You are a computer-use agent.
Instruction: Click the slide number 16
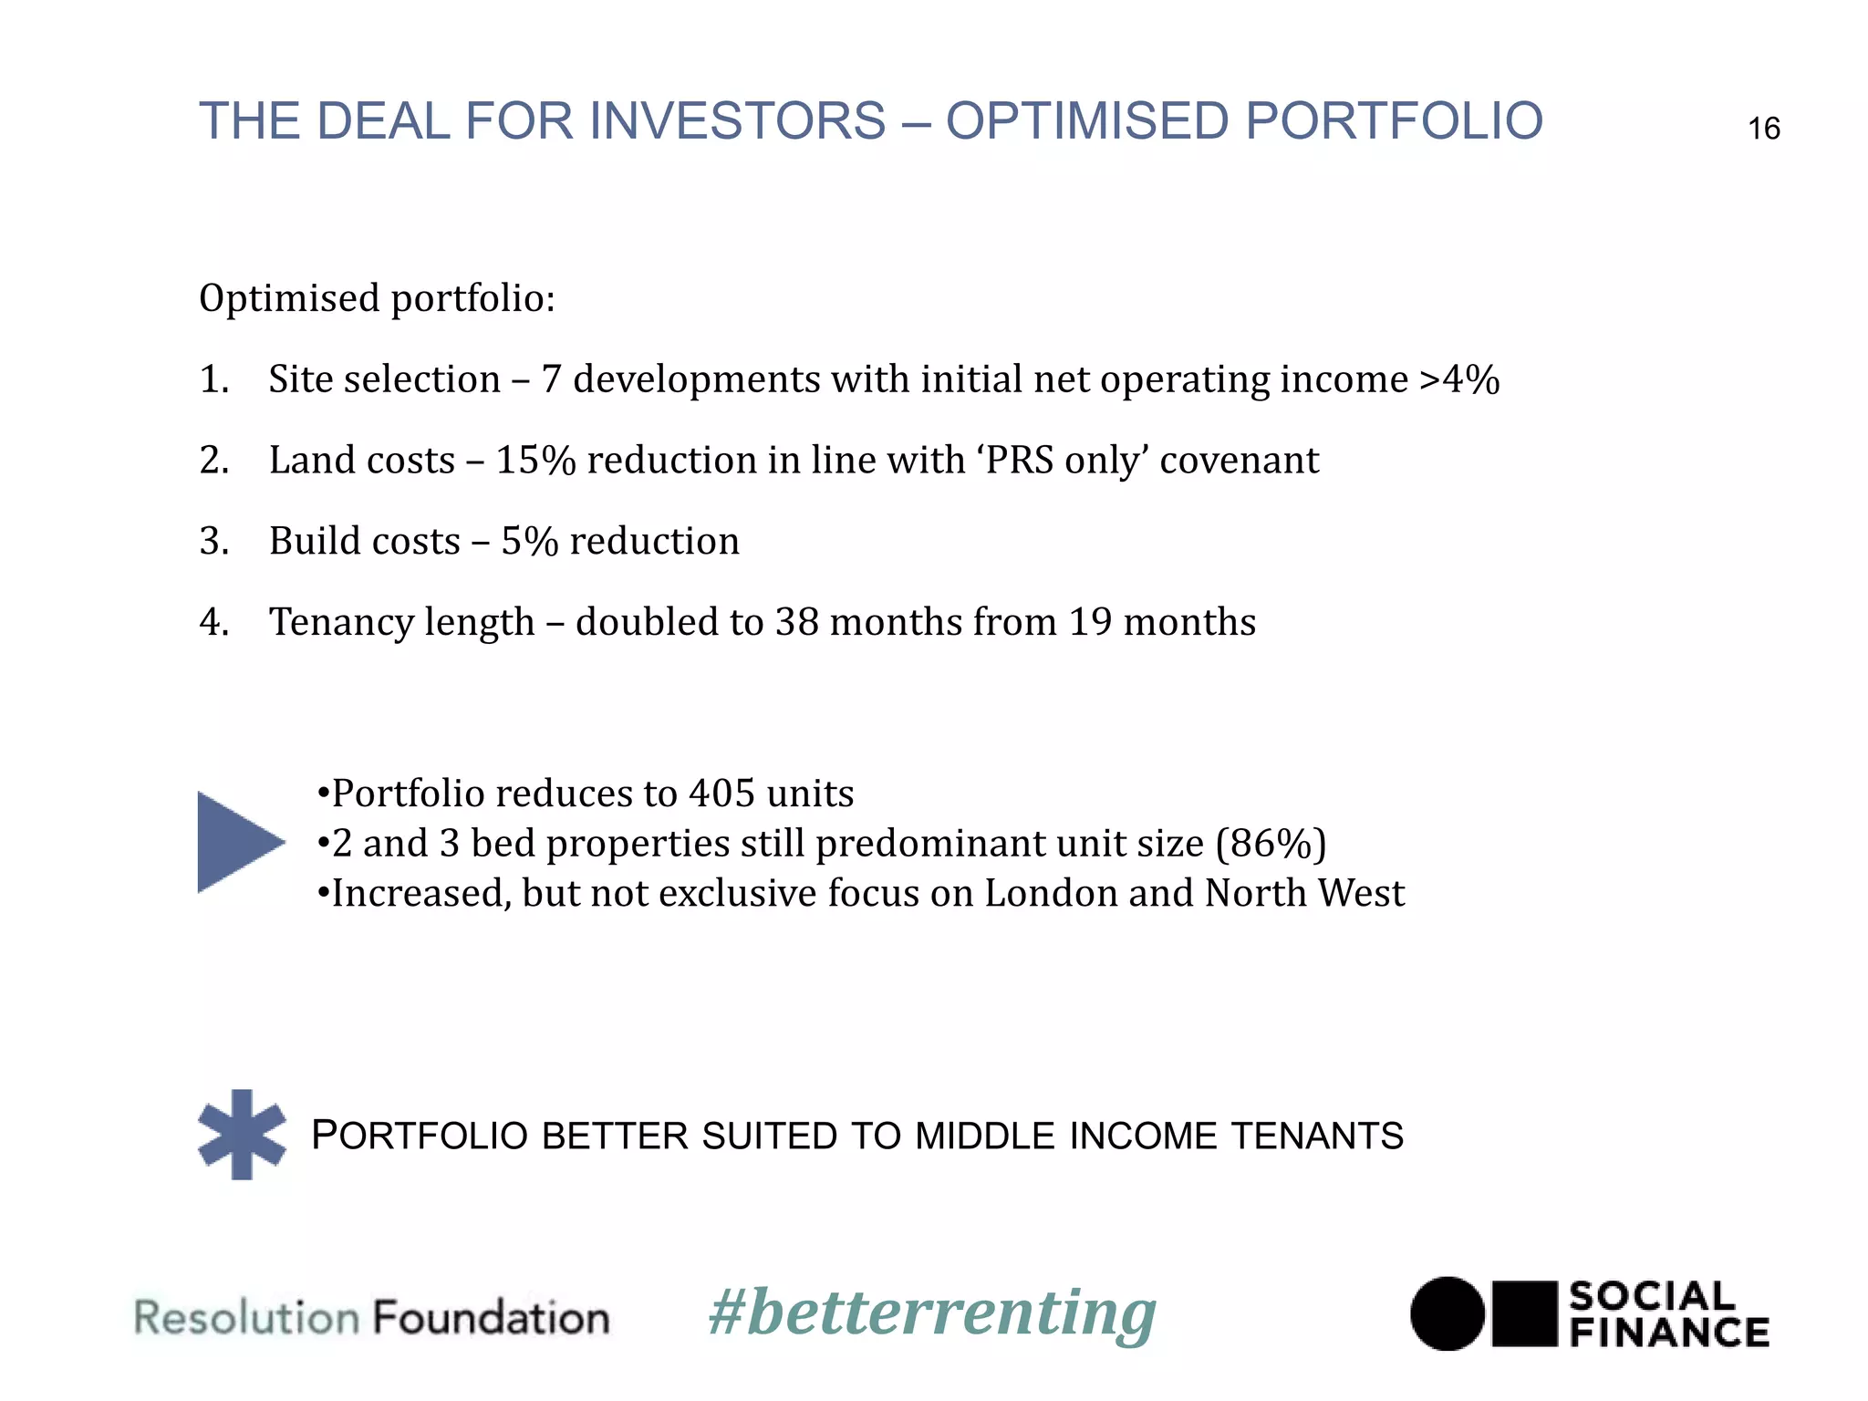(1763, 129)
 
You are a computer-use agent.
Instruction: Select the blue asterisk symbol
(242, 1134)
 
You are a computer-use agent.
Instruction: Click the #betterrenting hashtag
(932, 1313)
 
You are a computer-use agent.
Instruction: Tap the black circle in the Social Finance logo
(1447, 1313)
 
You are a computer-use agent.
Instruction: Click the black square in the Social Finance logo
(1524, 1313)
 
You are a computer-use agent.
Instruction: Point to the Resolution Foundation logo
(372, 1318)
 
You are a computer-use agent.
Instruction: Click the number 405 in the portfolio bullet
(722, 794)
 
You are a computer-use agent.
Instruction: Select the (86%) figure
(1271, 843)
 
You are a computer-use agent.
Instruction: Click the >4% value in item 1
(1459, 379)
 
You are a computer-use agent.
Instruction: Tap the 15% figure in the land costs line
(535, 461)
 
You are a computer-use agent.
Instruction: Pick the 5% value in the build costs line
(529, 542)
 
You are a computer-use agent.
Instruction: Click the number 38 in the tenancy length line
(796, 622)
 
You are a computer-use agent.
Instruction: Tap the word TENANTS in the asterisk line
(1316, 1136)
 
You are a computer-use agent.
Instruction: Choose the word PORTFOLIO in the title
(1393, 121)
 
